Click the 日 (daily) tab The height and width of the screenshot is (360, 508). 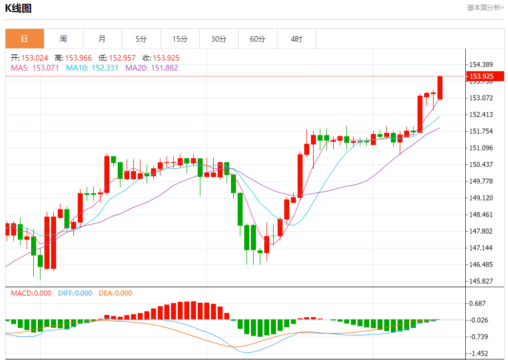coord(24,39)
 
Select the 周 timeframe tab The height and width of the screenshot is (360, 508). coord(63,39)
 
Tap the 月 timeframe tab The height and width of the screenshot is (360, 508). coord(102,39)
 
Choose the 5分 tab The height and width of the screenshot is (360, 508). coord(141,39)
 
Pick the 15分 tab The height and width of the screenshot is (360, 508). coord(180,39)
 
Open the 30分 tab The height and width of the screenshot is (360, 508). coord(219,39)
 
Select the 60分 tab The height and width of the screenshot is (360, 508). coord(258,39)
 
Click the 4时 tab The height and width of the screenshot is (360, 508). coord(296,39)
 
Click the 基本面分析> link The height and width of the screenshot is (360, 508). coord(485,8)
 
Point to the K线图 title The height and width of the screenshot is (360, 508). coord(18,8)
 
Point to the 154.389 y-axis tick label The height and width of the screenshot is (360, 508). coord(481,64)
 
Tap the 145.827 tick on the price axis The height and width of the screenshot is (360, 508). coord(481,281)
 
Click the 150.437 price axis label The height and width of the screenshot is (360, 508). coord(481,164)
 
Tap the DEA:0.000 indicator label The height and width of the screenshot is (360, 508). coord(115,293)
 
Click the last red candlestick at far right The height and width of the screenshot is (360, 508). coord(440,88)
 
